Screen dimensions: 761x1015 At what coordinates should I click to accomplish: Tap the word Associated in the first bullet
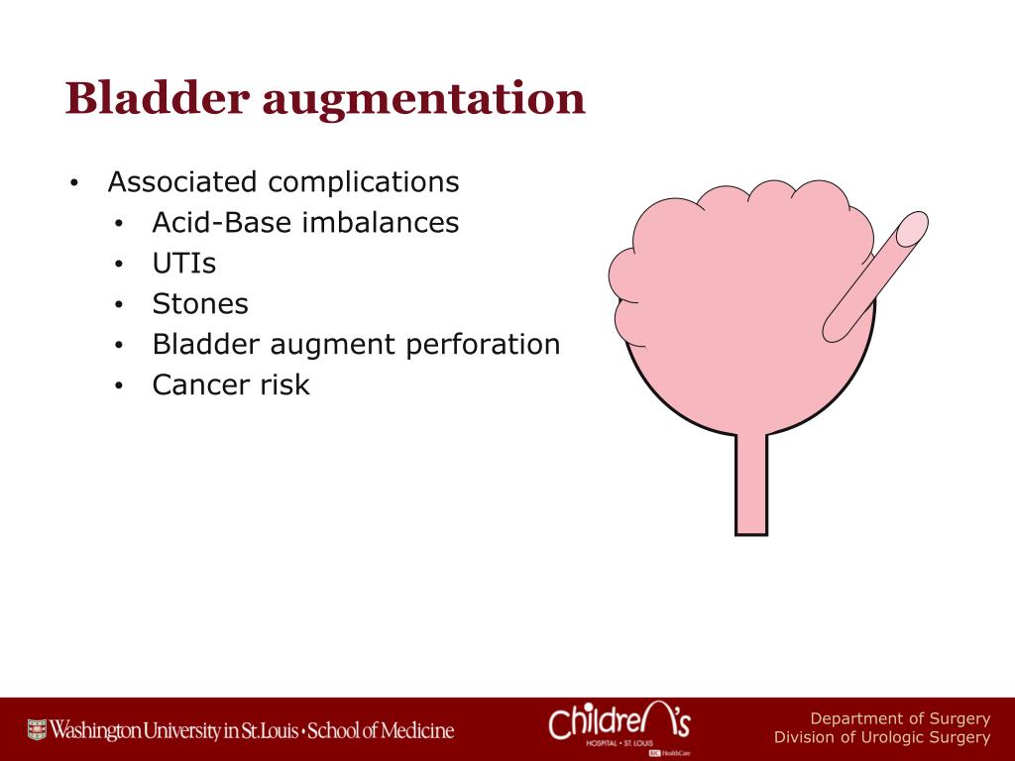coord(183,182)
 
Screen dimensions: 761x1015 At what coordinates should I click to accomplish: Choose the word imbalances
coord(381,223)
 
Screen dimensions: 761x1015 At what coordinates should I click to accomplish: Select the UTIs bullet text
coord(183,264)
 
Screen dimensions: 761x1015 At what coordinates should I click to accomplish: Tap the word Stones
coord(199,304)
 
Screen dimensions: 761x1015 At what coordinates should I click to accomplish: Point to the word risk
coord(285,384)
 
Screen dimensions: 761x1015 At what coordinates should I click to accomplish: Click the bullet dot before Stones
coord(118,305)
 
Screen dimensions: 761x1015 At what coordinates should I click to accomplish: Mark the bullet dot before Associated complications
coord(73,184)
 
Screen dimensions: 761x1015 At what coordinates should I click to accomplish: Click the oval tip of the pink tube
coord(909,229)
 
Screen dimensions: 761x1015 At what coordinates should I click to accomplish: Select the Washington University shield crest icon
coord(37,731)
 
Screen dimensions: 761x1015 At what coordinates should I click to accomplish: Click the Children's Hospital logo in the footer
coord(620,727)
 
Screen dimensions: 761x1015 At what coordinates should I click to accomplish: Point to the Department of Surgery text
coord(900,718)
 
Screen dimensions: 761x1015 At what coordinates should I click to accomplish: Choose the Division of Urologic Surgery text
coord(881,738)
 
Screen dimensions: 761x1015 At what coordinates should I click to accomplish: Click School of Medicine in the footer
coord(381,731)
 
